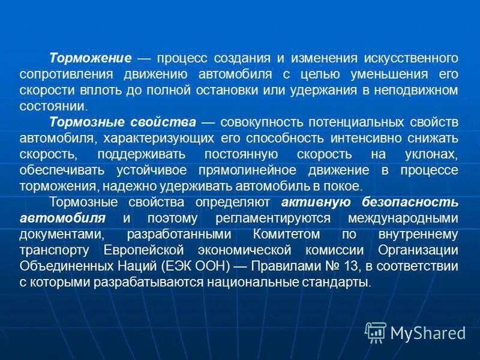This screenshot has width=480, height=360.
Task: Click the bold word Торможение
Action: [90, 59]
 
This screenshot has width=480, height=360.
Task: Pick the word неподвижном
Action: [415, 91]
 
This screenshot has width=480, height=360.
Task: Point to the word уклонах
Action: [431, 154]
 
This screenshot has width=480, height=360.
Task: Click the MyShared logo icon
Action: [375, 332]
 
